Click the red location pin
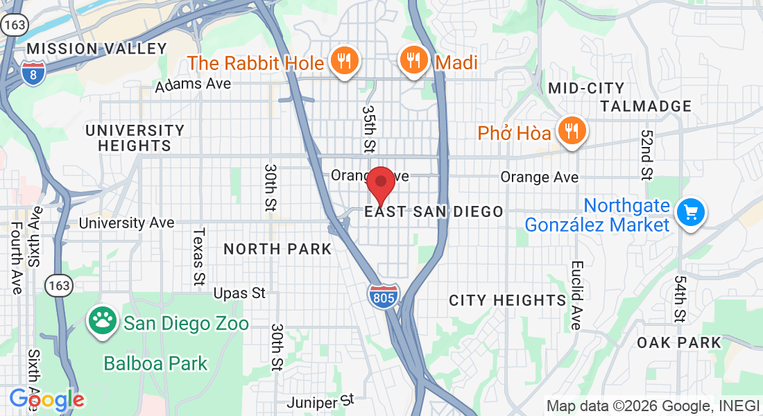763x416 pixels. tap(380, 182)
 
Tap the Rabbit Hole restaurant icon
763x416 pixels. tap(343, 61)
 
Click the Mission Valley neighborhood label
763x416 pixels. tap(97, 49)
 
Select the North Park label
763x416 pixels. tap(277, 249)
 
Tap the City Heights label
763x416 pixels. tap(508, 300)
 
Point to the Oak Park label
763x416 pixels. tap(679, 343)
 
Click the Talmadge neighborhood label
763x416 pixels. tap(646, 106)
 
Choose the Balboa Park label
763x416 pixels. tap(155, 363)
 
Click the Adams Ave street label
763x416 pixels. tap(193, 85)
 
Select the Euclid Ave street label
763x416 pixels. tap(576, 295)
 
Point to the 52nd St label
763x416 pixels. tap(646, 155)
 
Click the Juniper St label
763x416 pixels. tap(321, 401)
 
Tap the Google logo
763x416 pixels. tap(46, 399)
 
